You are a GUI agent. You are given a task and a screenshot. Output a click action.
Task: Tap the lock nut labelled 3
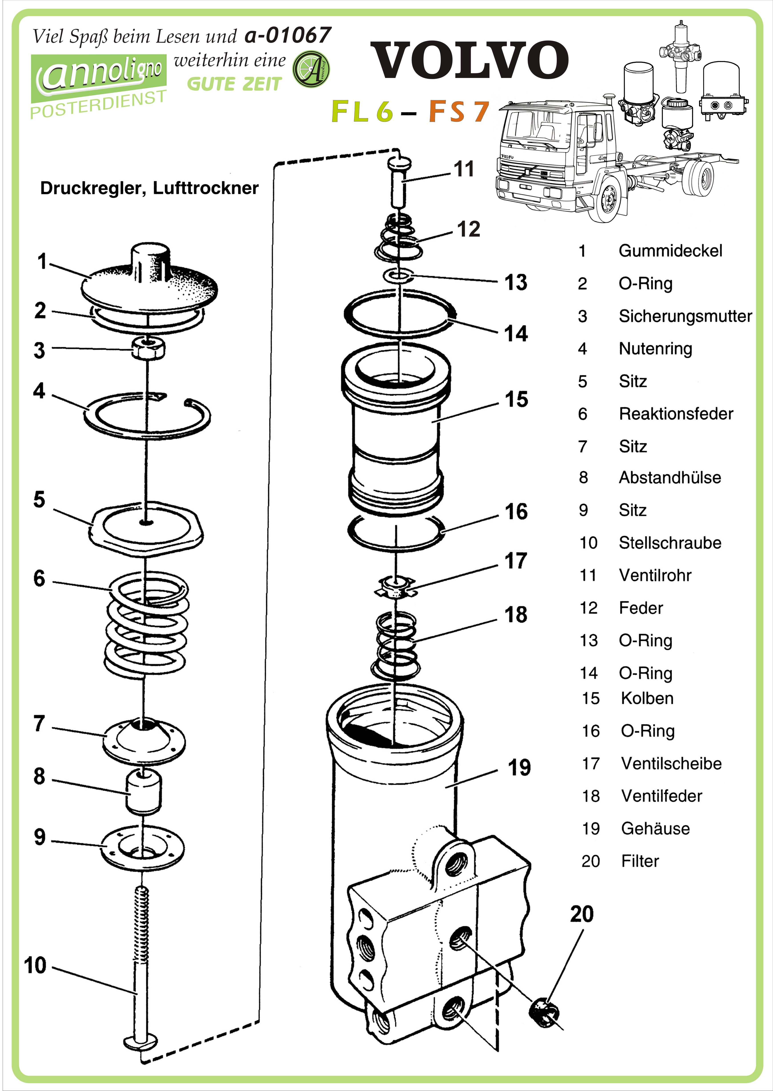click(148, 349)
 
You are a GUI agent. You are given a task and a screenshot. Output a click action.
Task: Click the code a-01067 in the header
click(288, 35)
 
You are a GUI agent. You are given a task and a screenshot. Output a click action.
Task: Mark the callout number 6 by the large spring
click(39, 578)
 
